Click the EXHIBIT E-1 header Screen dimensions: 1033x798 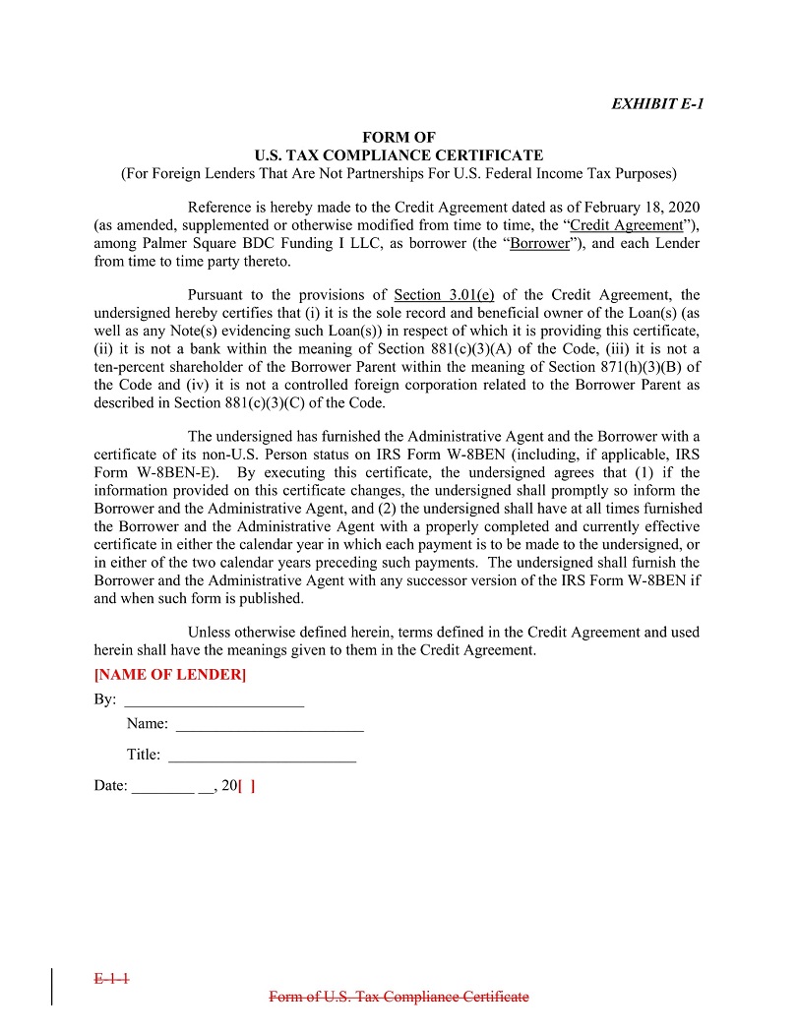click(x=657, y=104)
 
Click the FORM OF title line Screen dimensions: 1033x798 click(x=399, y=138)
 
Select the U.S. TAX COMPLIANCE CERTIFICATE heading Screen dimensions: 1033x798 click(x=399, y=155)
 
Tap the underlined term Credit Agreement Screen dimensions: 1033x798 click(x=627, y=225)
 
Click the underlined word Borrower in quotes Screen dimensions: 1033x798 click(x=539, y=243)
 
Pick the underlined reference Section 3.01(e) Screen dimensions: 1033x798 click(x=444, y=294)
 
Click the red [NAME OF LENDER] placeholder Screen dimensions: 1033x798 click(x=169, y=675)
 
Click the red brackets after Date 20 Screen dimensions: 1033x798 click(x=247, y=786)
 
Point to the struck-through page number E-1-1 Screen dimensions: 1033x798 click(x=112, y=979)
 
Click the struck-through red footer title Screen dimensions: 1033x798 click(x=399, y=997)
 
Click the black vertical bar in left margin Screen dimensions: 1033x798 click(x=51, y=987)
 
